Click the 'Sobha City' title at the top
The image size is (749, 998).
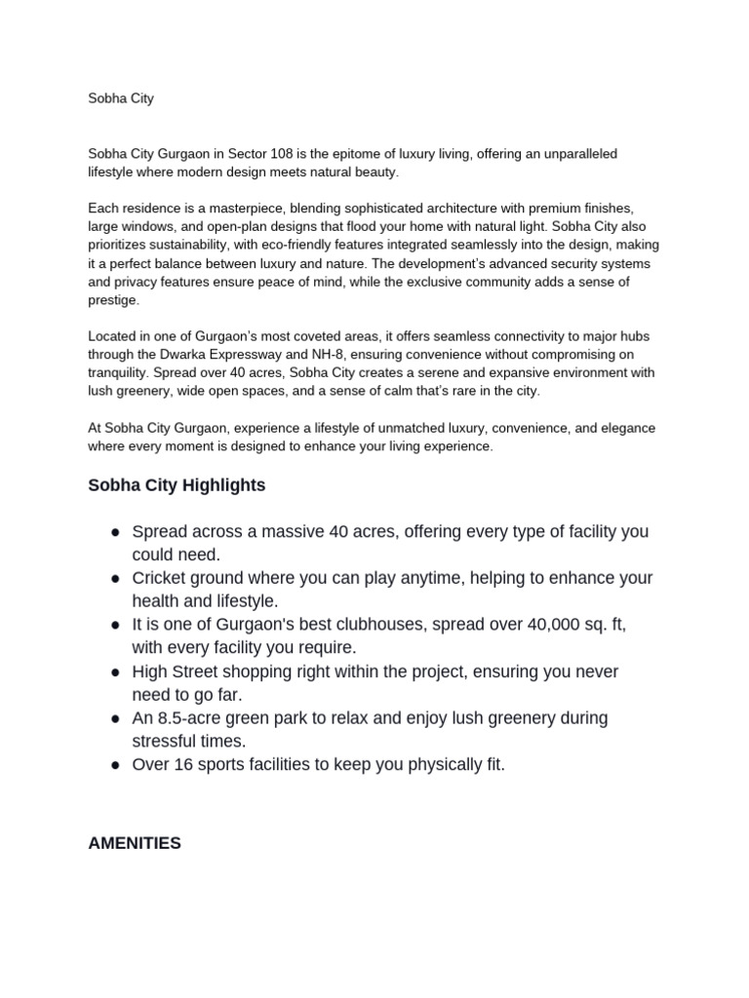[x=121, y=98]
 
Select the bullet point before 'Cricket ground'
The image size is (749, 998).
[x=115, y=579]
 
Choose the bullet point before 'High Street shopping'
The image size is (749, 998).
[x=115, y=672]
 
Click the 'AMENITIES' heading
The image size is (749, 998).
[x=134, y=843]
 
